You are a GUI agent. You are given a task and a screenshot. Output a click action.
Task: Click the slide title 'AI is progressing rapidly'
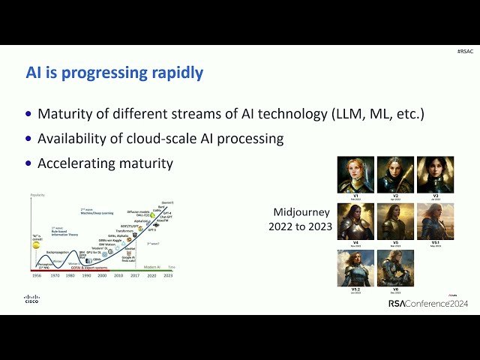pyautogui.click(x=114, y=73)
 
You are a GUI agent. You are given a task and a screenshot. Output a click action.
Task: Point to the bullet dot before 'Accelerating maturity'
pyautogui.click(x=29, y=163)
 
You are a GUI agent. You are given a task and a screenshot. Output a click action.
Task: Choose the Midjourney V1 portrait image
pyautogui.click(x=355, y=174)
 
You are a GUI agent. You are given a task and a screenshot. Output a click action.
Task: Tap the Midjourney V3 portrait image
pyautogui.click(x=435, y=174)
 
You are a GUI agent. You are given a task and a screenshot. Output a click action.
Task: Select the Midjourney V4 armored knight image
pyautogui.click(x=355, y=220)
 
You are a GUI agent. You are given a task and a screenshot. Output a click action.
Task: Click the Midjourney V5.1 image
pyautogui.click(x=435, y=220)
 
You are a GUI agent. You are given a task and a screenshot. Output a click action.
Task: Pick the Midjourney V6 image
pyautogui.click(x=395, y=268)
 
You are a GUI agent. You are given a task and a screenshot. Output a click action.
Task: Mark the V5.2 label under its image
pyautogui.click(x=355, y=289)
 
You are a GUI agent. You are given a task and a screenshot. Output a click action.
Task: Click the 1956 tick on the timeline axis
pyautogui.click(x=36, y=276)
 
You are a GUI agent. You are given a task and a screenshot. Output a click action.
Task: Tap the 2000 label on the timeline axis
pyautogui.click(x=101, y=276)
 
